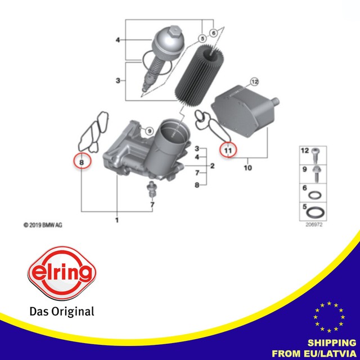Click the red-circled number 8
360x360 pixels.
[x=83, y=162]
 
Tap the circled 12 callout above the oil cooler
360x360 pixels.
[x=254, y=82]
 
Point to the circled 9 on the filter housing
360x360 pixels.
[x=150, y=131]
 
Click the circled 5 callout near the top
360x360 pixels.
[x=201, y=38]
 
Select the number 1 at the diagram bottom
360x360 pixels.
[x=117, y=219]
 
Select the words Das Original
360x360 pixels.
[x=61, y=311]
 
